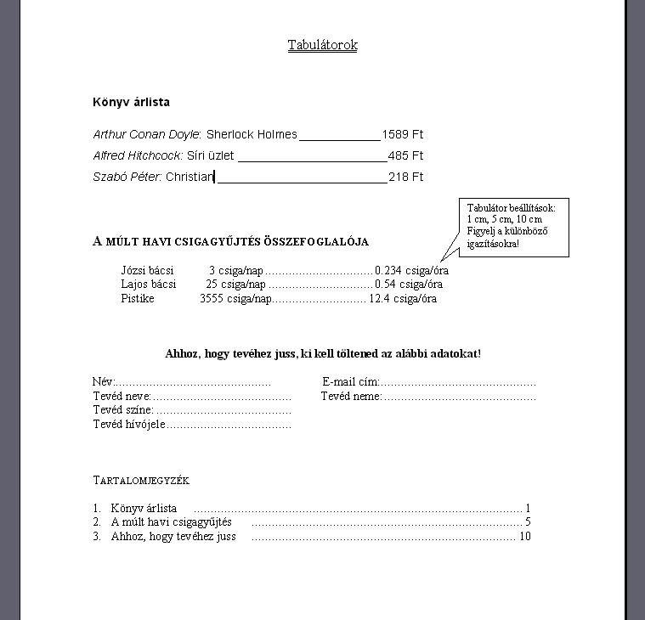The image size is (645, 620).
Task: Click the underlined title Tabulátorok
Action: (322, 45)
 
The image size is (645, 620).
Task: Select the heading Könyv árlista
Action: (131, 102)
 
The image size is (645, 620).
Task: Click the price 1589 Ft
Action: (402, 134)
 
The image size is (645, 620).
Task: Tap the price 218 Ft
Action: (405, 177)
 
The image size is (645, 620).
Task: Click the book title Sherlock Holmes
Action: (252, 134)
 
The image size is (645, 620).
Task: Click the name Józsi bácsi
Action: (147, 270)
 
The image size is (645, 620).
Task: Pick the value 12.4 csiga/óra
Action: (402, 299)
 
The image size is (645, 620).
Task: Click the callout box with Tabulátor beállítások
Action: (512, 226)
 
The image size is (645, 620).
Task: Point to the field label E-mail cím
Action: (350, 382)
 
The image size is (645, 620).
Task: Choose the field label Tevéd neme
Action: (351, 396)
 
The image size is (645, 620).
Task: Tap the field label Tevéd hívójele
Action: (128, 424)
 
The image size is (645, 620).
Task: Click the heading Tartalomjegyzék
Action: (140, 481)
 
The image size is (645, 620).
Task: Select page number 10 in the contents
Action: (524, 536)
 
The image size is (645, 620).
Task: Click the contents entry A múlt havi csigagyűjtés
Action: (171, 522)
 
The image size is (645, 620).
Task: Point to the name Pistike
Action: (138, 299)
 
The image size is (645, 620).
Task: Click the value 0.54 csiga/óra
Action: (408, 285)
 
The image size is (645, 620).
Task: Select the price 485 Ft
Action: (405, 155)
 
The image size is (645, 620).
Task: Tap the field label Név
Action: (102, 382)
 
